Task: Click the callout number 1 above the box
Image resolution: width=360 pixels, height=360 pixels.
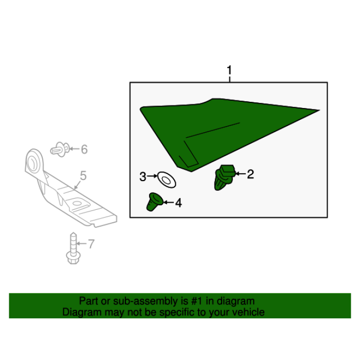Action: pyautogui.click(x=229, y=70)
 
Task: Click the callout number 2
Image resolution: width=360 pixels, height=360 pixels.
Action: pyautogui.click(x=250, y=174)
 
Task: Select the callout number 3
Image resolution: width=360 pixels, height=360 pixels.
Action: pyautogui.click(x=143, y=177)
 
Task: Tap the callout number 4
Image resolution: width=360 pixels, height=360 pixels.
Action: pyautogui.click(x=178, y=203)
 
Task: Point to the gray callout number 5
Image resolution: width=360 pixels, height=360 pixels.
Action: pyautogui.click(x=83, y=176)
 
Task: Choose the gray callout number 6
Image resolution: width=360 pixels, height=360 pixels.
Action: pyautogui.click(x=84, y=149)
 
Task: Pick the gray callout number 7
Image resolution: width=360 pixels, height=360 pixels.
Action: pyautogui.click(x=92, y=244)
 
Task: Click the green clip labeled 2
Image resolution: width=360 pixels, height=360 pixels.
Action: pyautogui.click(x=224, y=177)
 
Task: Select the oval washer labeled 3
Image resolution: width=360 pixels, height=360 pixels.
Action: pyautogui.click(x=167, y=180)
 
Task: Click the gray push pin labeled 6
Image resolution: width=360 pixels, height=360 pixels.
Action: pyautogui.click(x=60, y=150)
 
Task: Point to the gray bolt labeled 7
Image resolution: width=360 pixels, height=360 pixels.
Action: pyautogui.click(x=73, y=248)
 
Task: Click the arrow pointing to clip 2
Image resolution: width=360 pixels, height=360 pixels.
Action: pyautogui.click(x=240, y=174)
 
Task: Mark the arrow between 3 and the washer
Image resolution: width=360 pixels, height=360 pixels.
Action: pyautogui.click(x=152, y=176)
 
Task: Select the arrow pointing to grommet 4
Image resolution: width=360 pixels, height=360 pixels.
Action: pyautogui.click(x=169, y=202)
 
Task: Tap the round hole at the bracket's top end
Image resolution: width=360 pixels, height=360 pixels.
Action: pyautogui.click(x=32, y=163)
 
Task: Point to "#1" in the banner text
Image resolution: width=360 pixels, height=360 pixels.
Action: pyautogui.click(x=197, y=301)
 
